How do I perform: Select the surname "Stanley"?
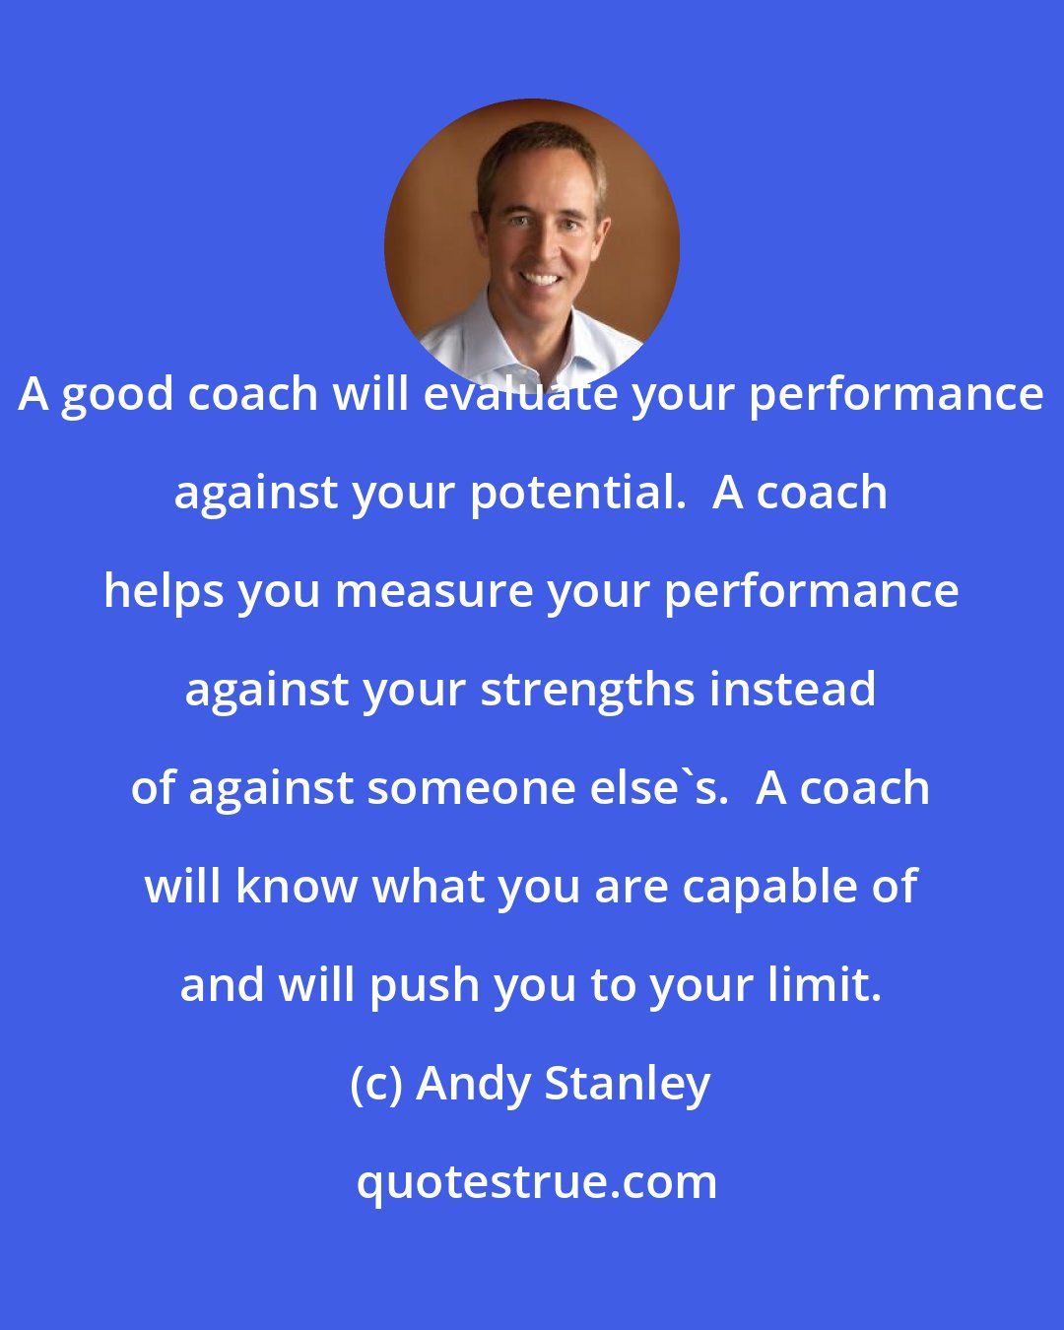click(x=627, y=1085)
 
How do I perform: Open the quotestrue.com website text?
click(x=536, y=1182)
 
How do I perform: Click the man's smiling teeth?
click(x=540, y=279)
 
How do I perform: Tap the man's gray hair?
click(x=537, y=148)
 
